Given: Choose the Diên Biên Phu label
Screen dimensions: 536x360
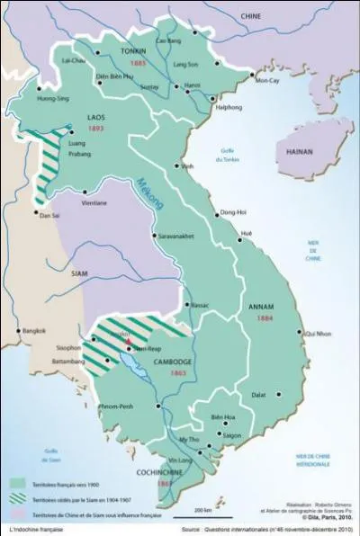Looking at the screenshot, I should tap(115, 77).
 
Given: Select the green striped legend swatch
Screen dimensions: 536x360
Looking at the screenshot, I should tap(17, 499).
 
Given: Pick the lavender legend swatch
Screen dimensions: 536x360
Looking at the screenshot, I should tap(17, 513).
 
